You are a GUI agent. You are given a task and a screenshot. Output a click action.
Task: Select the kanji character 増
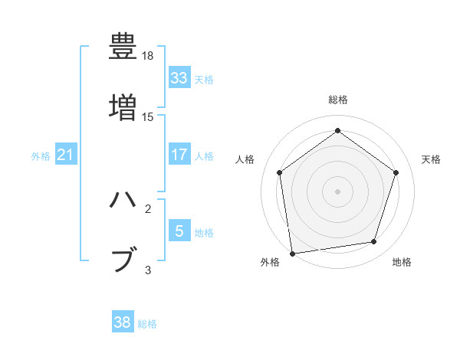(123, 107)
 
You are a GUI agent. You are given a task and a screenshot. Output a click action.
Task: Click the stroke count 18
(149, 57)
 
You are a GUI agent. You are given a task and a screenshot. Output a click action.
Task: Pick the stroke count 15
(148, 117)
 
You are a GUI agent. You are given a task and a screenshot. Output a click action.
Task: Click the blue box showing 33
(179, 78)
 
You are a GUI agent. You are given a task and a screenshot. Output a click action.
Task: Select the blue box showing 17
(179, 155)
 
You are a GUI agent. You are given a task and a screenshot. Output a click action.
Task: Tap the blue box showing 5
(179, 231)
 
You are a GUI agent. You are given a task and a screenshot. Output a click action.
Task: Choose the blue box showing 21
(65, 155)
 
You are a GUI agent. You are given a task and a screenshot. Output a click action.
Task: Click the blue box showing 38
(123, 322)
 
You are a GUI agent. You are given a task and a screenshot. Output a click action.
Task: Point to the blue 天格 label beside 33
(204, 79)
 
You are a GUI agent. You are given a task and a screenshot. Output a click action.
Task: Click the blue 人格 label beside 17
(204, 155)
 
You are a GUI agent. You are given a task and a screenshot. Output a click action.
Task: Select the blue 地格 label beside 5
(204, 232)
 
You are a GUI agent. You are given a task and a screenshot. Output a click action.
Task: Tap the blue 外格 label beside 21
(41, 155)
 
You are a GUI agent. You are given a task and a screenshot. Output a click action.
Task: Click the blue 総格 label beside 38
(147, 324)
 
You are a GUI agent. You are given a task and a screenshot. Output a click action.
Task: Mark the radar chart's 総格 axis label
(337, 100)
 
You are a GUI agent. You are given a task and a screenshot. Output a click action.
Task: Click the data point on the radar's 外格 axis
(292, 252)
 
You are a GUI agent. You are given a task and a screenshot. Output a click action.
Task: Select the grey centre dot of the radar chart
(337, 191)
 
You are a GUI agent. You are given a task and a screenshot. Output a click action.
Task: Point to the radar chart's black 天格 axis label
(431, 159)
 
